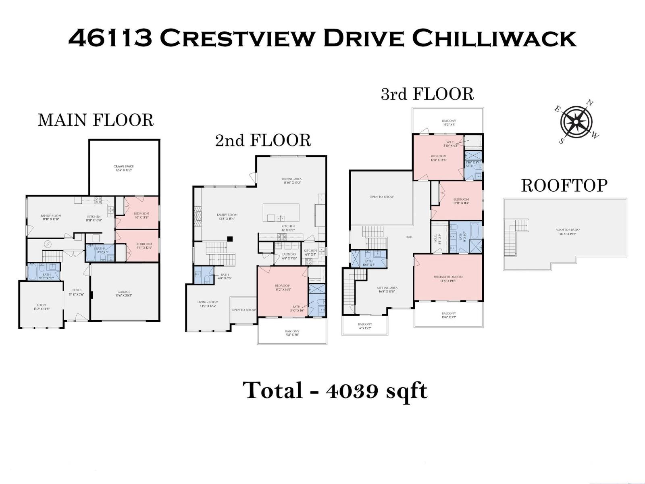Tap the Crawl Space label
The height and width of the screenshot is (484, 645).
[123, 166]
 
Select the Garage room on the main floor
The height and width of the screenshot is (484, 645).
[124, 292]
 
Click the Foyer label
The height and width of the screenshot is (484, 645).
[77, 290]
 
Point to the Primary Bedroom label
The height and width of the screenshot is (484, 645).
[448, 277]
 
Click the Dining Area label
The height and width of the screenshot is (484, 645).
[292, 179]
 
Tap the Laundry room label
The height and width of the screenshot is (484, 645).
[289, 255]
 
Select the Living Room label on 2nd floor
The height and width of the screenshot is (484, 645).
[208, 302]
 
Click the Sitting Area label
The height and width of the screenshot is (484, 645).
[387, 288]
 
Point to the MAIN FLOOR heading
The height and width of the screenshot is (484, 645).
[96, 121]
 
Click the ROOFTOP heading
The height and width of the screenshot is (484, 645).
[564, 186]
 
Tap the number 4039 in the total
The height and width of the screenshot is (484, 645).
[353, 391]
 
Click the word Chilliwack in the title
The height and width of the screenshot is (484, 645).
[494, 39]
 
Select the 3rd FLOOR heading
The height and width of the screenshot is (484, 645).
[427, 94]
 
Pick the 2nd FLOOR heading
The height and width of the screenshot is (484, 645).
[263, 140]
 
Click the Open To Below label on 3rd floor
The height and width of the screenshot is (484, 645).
[381, 197]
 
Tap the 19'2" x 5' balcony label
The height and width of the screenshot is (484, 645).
[449, 123]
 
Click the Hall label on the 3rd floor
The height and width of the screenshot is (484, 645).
[409, 237]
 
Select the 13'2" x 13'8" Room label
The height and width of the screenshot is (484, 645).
[41, 307]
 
